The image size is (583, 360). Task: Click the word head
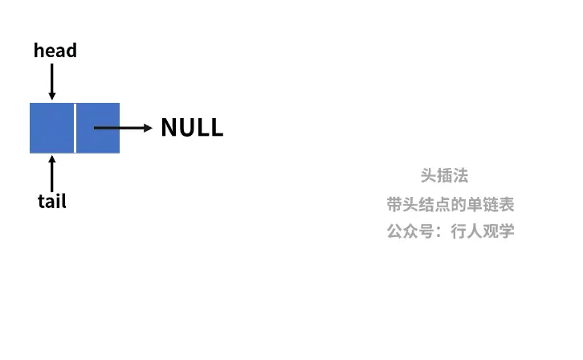tap(55, 51)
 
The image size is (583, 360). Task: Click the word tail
tap(52, 201)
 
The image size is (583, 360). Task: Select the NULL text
tap(192, 128)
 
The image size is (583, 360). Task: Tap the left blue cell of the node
tap(51, 128)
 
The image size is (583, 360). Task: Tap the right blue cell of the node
tap(98, 128)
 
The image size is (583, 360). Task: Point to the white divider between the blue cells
tap(75, 128)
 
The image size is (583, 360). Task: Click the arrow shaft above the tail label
tap(52, 175)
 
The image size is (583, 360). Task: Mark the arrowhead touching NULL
tap(147, 128)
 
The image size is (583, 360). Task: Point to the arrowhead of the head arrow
tap(52, 96)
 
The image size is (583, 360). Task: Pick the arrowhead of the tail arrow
tap(52, 159)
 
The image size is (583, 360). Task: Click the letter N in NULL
tap(169, 128)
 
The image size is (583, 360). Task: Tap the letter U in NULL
tap(187, 128)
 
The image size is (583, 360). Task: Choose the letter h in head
tap(39, 51)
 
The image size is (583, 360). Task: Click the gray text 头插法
tap(444, 176)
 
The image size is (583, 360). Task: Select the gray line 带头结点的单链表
tap(450, 204)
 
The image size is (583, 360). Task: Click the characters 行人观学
tap(483, 231)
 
